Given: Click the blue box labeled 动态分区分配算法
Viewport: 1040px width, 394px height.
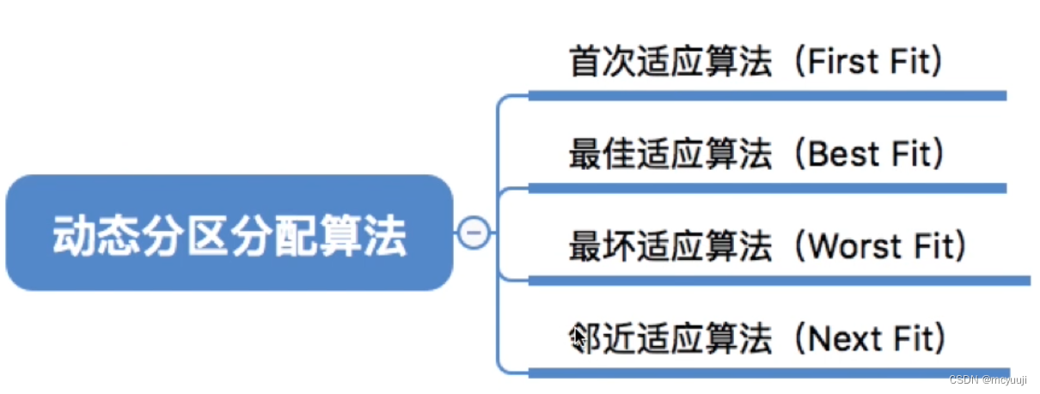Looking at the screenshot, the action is pos(229,233).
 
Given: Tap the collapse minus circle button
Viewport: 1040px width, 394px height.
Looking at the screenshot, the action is pos(474,233).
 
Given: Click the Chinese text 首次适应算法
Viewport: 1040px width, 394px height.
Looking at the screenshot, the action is pos(670,62).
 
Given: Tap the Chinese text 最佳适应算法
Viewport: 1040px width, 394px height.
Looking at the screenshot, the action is pos(670,155).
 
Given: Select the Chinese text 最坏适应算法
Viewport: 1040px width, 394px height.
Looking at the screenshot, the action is pos(670,247).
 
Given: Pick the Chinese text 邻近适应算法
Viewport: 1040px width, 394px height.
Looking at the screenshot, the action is pos(670,340).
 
